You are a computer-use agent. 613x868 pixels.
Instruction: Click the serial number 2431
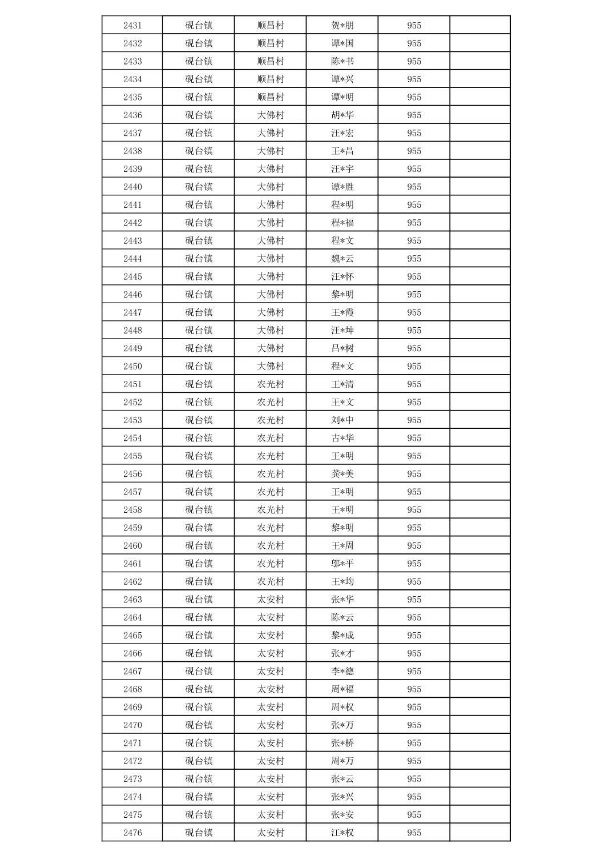[132, 25]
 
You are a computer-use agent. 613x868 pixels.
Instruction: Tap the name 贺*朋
[342, 25]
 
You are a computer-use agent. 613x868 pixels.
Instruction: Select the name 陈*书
[342, 61]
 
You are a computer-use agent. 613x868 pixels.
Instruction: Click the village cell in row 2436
[271, 115]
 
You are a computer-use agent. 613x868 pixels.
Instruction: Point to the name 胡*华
[342, 115]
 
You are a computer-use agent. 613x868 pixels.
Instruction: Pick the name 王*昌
[342, 151]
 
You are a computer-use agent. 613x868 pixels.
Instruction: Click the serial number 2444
[132, 259]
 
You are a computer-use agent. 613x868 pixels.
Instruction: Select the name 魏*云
[342, 259]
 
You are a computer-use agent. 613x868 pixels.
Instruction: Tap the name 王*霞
[342, 312]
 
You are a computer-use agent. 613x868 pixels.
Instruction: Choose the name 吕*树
[342, 348]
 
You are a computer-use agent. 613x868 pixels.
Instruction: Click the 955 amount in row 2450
[414, 366]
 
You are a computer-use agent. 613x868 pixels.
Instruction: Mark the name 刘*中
[342, 420]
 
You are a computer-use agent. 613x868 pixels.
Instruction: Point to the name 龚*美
[342, 474]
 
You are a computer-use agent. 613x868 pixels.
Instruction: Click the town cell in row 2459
[199, 528]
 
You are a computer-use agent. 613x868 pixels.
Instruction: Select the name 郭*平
[342, 564]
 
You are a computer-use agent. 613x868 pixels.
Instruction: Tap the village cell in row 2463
[271, 600]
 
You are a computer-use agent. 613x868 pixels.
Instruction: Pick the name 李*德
[342, 671]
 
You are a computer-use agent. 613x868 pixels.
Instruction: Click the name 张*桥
[342, 743]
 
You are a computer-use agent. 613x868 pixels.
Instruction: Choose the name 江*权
[342, 833]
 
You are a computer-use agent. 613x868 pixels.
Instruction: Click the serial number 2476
[132, 833]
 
